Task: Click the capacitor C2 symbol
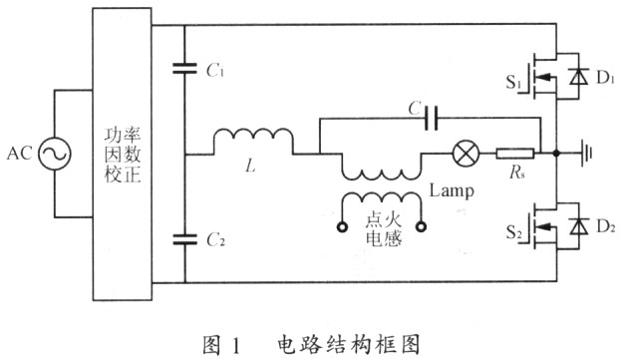pos(184,238)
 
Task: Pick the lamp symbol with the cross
pos(465,154)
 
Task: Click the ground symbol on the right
pos(587,154)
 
